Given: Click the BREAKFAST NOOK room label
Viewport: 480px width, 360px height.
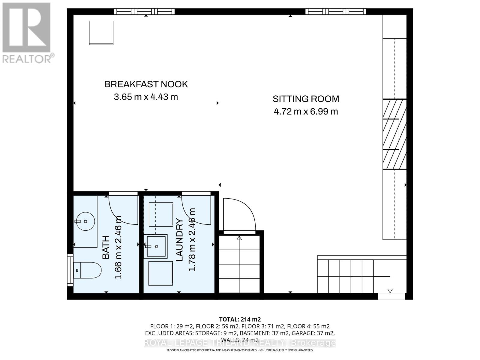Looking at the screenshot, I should point(146,84).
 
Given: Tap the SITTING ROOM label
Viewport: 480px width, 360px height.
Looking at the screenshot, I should point(306,99).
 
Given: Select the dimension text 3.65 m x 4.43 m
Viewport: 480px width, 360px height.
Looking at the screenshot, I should point(146,97).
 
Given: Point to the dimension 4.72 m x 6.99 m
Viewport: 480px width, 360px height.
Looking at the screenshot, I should point(306,112).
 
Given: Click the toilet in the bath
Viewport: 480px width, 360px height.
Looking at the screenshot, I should point(87,270).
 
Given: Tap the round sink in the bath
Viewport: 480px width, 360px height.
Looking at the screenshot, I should point(85,221).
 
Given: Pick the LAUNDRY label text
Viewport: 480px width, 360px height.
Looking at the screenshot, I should point(179,240).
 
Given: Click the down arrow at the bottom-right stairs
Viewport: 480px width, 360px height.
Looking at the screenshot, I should point(390,290).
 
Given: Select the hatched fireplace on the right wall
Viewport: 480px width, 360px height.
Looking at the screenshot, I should point(394,134).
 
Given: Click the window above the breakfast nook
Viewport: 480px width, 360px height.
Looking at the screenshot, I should point(144,11).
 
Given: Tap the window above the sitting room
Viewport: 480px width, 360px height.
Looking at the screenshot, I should point(336,11).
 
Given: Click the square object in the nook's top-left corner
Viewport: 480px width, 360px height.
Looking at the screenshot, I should point(101,33).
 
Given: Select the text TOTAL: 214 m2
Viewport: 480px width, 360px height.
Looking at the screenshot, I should point(240,319).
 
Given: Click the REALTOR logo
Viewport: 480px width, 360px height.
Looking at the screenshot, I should point(27,33).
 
